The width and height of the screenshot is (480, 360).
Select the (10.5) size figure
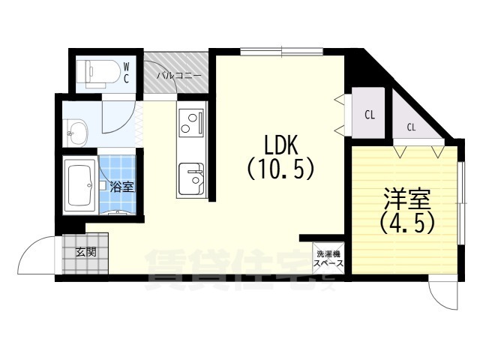278,169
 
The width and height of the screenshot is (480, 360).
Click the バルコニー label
178,76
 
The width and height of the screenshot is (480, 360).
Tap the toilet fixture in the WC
98,73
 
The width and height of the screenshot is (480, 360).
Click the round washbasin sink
78,136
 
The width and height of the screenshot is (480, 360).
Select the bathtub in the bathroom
79,184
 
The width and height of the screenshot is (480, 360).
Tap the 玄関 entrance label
85,252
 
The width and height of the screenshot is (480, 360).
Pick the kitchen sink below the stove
193,178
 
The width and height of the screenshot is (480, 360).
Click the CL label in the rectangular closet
369,115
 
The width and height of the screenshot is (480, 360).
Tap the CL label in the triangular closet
411,127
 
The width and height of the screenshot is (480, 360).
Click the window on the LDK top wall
283,52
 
